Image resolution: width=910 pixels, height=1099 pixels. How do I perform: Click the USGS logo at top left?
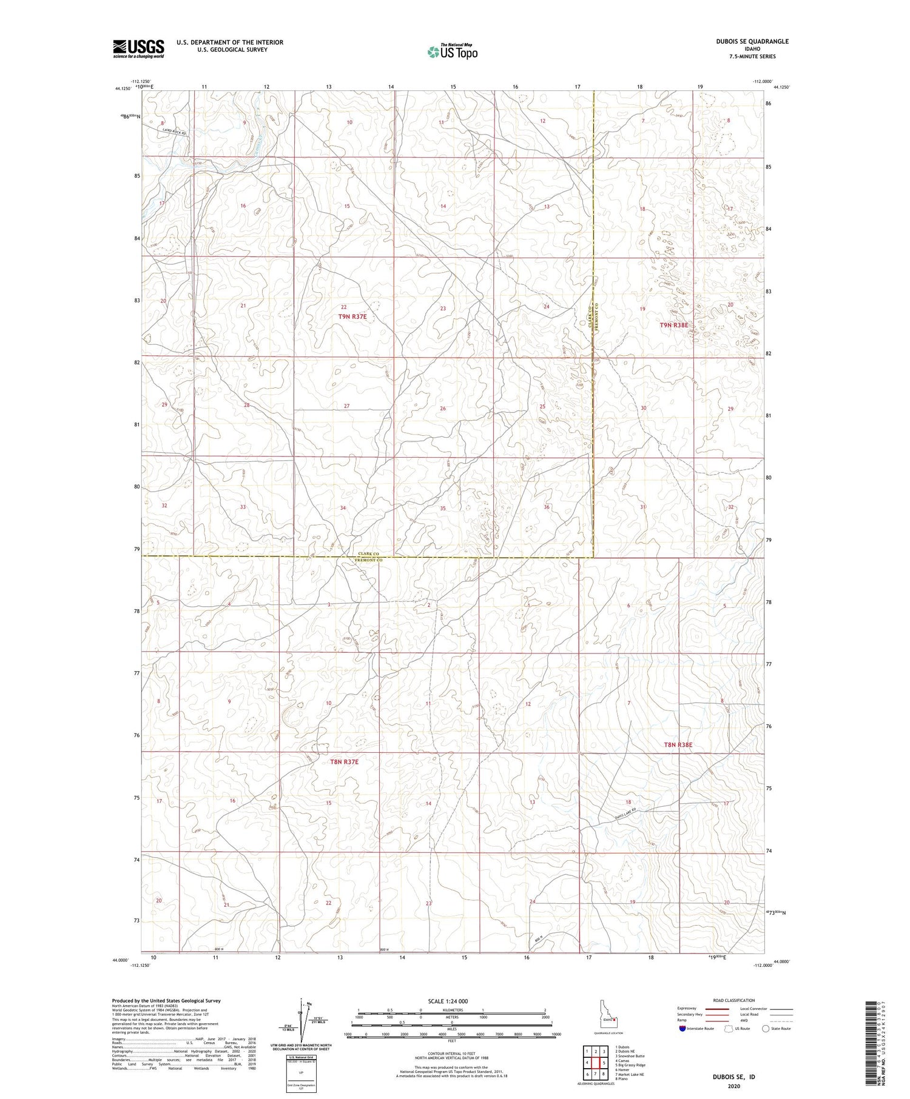point(138,48)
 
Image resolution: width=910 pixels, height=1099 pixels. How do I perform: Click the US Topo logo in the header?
point(452,52)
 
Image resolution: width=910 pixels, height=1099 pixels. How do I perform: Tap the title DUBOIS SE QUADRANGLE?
point(760,41)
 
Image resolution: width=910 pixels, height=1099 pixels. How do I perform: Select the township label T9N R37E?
point(352,316)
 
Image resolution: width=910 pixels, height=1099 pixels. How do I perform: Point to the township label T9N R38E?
point(674,325)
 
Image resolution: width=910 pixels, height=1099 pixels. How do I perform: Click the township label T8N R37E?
point(344,762)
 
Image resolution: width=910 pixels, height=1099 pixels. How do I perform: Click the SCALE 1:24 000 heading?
point(451,1001)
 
